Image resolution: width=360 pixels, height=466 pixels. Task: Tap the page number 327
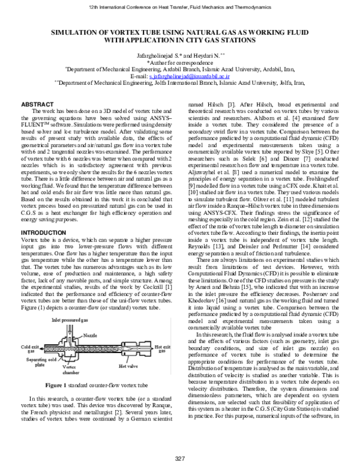[x=179, y=459]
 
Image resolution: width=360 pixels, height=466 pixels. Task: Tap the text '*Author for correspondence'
[x=180, y=62]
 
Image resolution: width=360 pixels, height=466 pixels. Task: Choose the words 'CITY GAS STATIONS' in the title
[x=225, y=43]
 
